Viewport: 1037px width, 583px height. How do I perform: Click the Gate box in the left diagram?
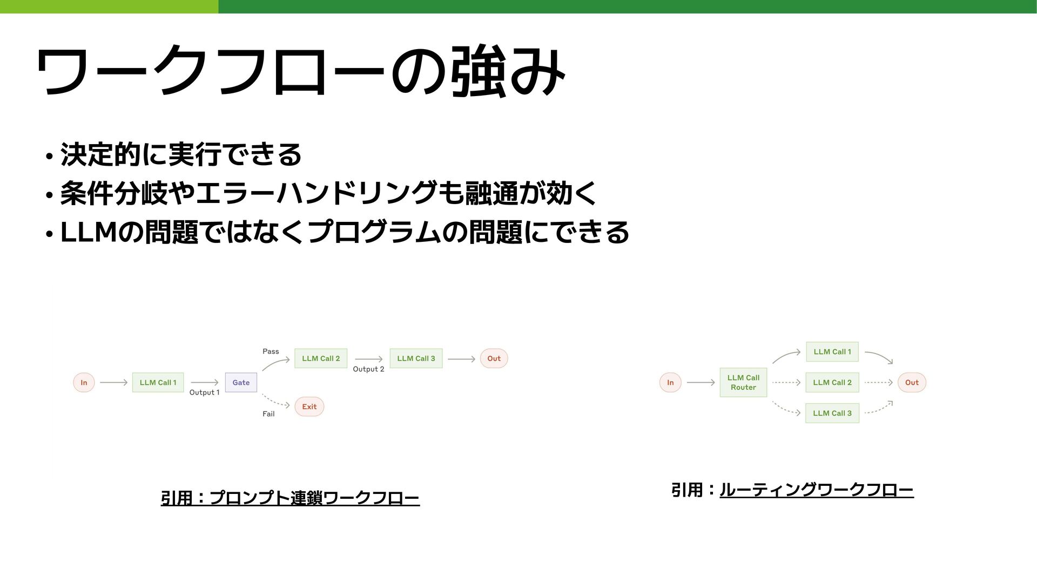pyautogui.click(x=241, y=382)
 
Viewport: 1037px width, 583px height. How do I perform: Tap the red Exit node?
pyautogui.click(x=309, y=406)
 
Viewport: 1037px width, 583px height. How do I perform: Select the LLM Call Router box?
pyautogui.click(x=743, y=382)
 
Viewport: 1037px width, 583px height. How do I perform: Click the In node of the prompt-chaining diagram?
pyautogui.click(x=84, y=382)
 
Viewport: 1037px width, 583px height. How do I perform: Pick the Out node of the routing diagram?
pyautogui.click(x=912, y=382)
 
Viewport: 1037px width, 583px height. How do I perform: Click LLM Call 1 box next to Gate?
pyautogui.click(x=158, y=382)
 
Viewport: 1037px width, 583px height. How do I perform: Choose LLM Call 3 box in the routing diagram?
pyautogui.click(x=832, y=413)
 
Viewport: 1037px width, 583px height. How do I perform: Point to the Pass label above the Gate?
pyautogui.click(x=271, y=351)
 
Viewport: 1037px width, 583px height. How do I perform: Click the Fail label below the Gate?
pyautogui.click(x=268, y=414)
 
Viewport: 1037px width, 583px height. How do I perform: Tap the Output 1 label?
pyautogui.click(x=204, y=392)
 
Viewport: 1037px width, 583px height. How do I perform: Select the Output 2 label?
pyautogui.click(x=368, y=369)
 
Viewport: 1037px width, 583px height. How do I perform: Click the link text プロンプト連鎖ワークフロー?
pyautogui.click(x=314, y=498)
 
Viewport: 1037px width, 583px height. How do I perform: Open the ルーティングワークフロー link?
pyautogui.click(x=816, y=490)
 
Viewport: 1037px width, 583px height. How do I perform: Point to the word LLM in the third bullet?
pyautogui.click(x=88, y=233)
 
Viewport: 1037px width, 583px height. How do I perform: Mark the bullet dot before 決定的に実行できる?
pyautogui.click(x=49, y=157)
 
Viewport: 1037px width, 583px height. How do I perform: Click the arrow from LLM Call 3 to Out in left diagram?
pyautogui.click(x=461, y=358)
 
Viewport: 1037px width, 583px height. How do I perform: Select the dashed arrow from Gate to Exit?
pyautogui.click(x=276, y=401)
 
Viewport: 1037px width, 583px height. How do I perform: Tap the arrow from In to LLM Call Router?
pyautogui.click(x=701, y=382)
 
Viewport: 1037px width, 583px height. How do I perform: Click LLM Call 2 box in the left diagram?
pyautogui.click(x=321, y=358)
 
